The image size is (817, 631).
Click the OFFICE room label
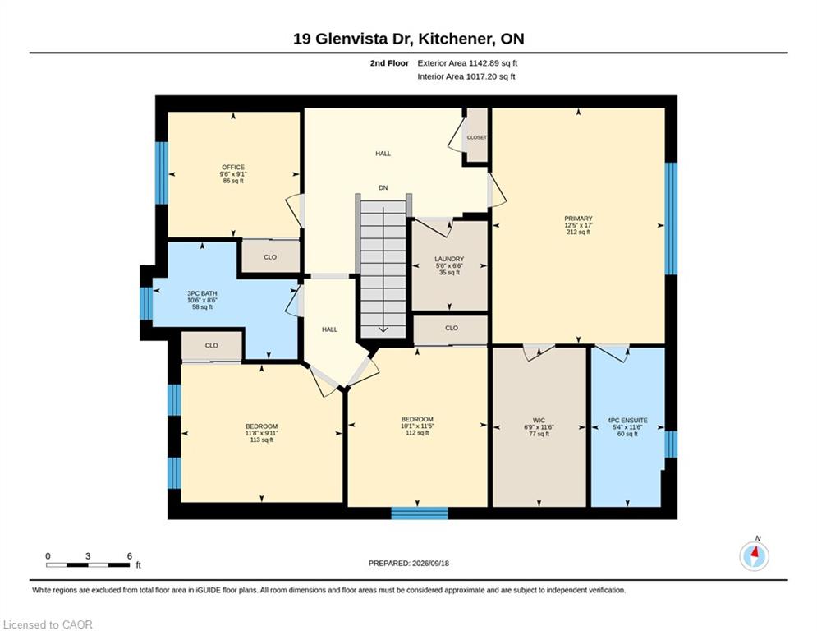pos(233,168)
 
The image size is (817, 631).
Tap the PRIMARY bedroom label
pos(578,219)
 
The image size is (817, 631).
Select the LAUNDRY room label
pos(449,259)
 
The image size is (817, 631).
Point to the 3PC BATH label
pos(202,293)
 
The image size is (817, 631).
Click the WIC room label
pos(539,421)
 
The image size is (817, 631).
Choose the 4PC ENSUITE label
pos(627,421)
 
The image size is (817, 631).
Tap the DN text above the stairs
pos(383,187)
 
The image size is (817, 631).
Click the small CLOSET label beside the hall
pos(477,138)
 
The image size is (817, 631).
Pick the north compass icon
pos(754,555)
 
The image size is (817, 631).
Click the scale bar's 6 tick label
pos(129,556)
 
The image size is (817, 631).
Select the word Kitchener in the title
pos(456,39)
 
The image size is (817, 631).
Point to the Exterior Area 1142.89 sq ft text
pos(467,63)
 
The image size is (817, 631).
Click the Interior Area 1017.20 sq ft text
pos(466,76)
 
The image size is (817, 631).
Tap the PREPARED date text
pos(409,563)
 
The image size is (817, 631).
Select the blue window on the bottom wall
pos(420,514)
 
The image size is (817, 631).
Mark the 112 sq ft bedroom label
pos(417,433)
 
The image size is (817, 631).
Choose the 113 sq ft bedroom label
pos(262,440)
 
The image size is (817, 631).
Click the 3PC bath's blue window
pos(146,303)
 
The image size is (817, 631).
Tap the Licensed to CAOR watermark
pos(48,624)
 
